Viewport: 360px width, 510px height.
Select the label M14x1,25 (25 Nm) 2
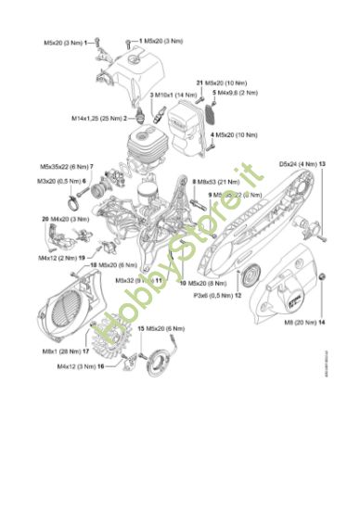tap(100, 119)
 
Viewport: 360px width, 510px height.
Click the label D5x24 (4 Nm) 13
tap(302, 163)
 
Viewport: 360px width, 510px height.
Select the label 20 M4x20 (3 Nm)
tap(65, 218)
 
